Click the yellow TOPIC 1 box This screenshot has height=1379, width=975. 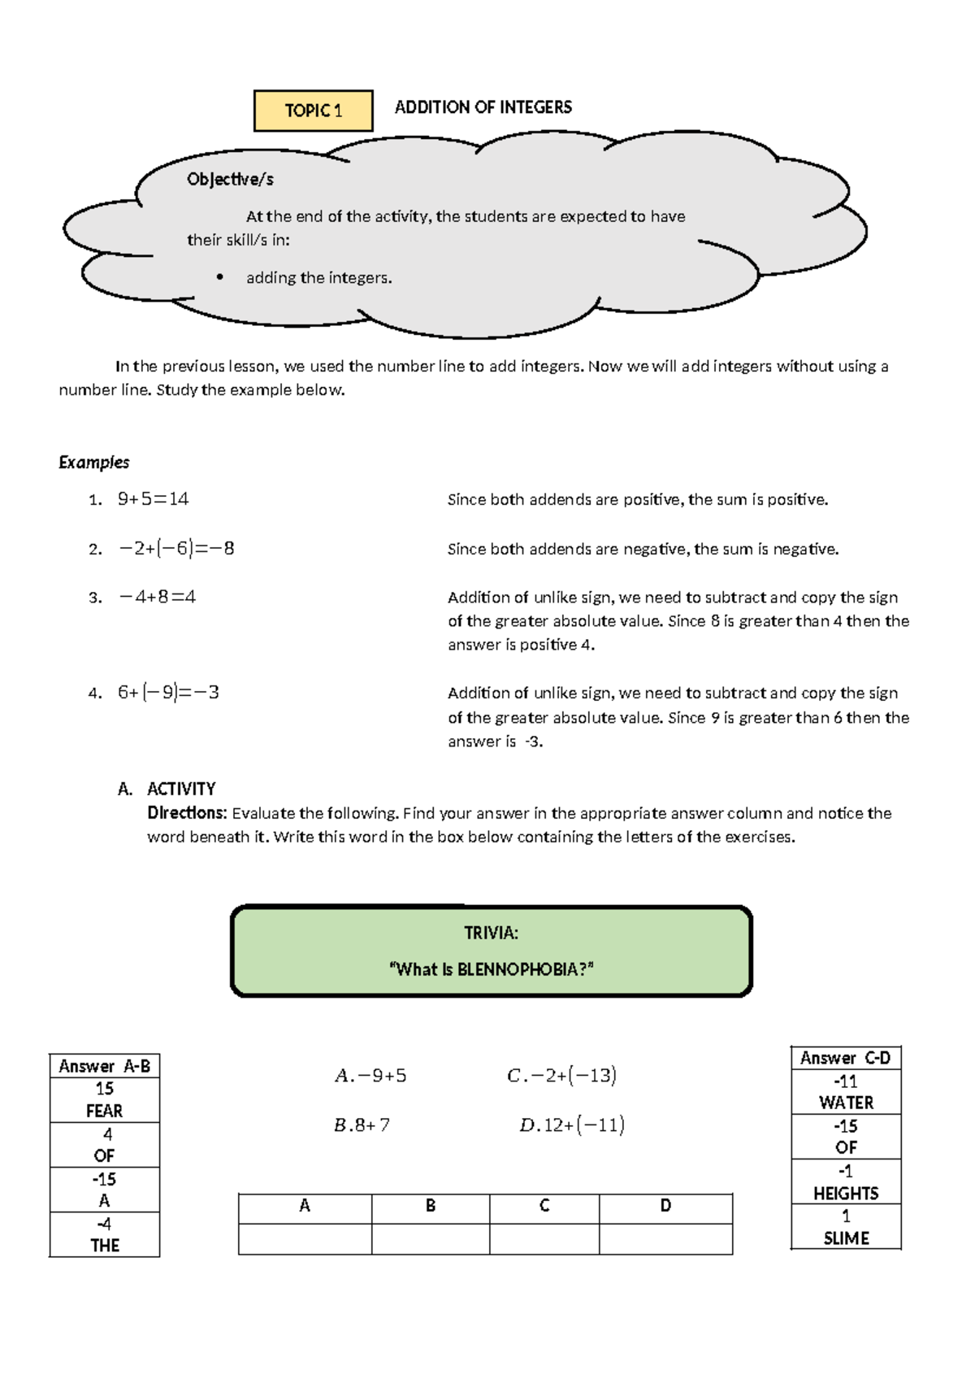[x=313, y=111]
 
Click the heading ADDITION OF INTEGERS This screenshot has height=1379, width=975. [x=483, y=107]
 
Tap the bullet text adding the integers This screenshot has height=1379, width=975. [x=318, y=278]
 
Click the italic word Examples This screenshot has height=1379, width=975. [x=93, y=462]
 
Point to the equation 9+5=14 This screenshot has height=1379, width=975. [x=153, y=499]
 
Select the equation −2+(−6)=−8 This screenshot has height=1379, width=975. [x=176, y=549]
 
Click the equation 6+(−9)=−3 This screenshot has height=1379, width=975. [x=168, y=693]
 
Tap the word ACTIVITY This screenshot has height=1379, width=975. [x=180, y=789]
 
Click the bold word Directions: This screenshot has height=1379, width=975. [x=186, y=813]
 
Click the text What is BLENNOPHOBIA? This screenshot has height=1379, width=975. [x=492, y=969]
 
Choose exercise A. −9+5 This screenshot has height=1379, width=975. [x=370, y=1076]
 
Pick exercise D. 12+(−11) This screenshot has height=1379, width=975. [x=571, y=1125]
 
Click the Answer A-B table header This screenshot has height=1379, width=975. [x=104, y=1066]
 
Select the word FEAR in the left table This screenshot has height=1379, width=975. [x=104, y=1111]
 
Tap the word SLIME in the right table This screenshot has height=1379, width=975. [x=846, y=1238]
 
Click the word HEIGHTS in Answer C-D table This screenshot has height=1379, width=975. [x=846, y=1193]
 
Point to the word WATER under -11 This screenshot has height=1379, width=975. [x=846, y=1103]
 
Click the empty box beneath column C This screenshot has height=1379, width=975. [x=544, y=1238]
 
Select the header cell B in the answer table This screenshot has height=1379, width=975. [x=430, y=1206]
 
